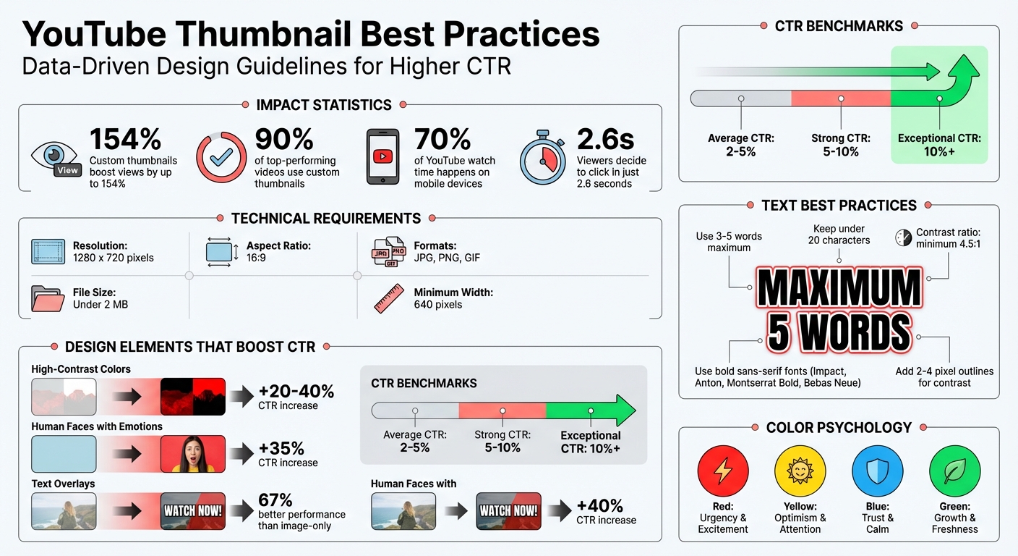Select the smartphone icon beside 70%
(x=382, y=157)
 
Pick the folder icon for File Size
(x=48, y=298)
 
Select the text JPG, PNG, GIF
(x=447, y=258)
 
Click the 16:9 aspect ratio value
(x=256, y=258)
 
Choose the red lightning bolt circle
(x=722, y=471)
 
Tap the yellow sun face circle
(x=800, y=471)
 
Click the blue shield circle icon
(x=877, y=471)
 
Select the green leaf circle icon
(x=954, y=471)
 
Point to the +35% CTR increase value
(x=281, y=449)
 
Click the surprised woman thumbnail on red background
(x=192, y=455)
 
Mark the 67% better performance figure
(x=275, y=500)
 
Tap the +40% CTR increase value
(x=599, y=505)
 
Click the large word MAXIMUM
(x=839, y=288)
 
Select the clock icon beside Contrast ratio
(x=903, y=237)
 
